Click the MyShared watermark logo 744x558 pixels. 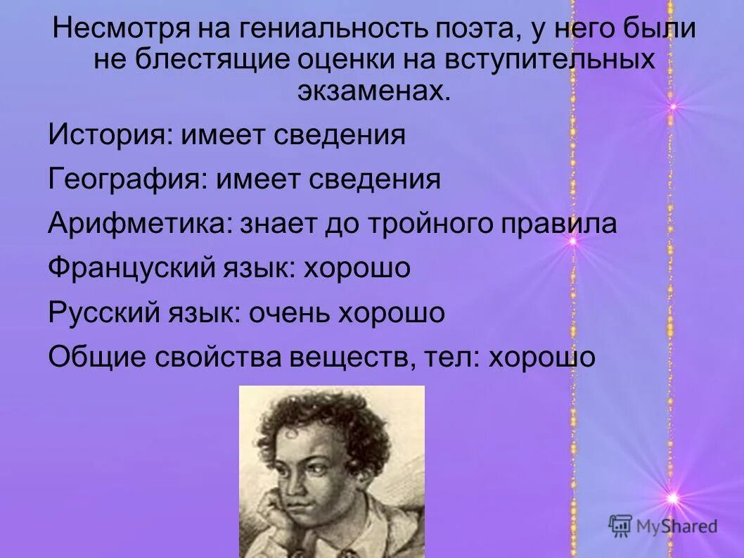(x=663, y=526)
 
